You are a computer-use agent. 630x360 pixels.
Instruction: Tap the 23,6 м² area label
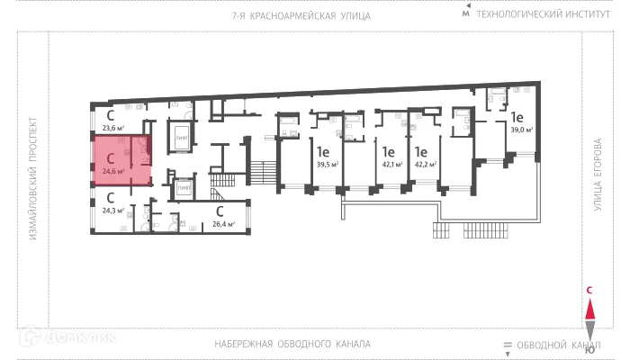coord(112,129)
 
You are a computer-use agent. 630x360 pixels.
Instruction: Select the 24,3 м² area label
coord(112,211)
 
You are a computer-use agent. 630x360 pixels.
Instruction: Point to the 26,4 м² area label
coord(222,224)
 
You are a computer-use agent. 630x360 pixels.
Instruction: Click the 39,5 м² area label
coord(327,165)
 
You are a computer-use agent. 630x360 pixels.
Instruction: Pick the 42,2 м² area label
coord(425,165)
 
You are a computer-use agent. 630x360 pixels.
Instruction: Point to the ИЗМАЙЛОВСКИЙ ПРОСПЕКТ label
coord(33,180)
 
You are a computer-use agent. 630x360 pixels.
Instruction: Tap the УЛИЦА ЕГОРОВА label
coord(596,180)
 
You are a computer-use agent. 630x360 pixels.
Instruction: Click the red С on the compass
coord(589,290)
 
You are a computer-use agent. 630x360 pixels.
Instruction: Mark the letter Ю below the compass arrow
coord(589,351)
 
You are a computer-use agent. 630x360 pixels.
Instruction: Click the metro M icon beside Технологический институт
coord(465,15)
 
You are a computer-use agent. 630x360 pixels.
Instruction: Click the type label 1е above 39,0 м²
coord(517,117)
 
